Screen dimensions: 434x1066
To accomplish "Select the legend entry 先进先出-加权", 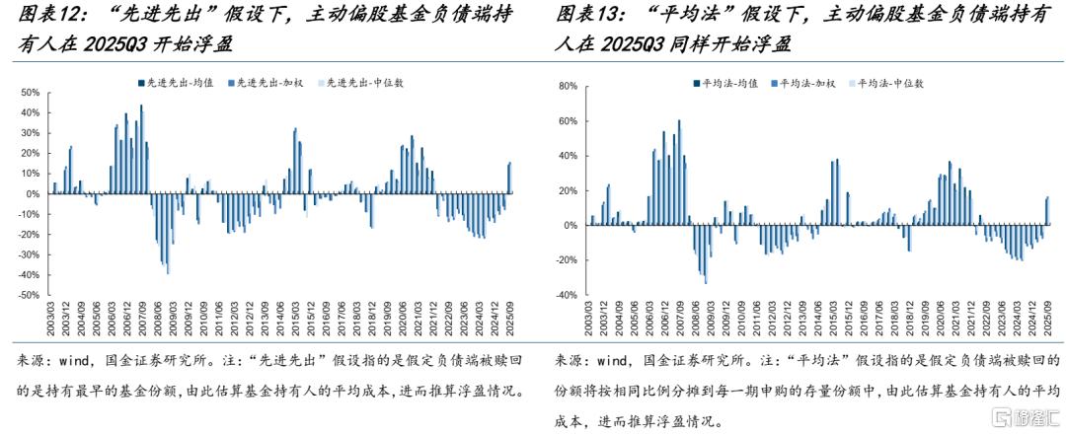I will [261, 83].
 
